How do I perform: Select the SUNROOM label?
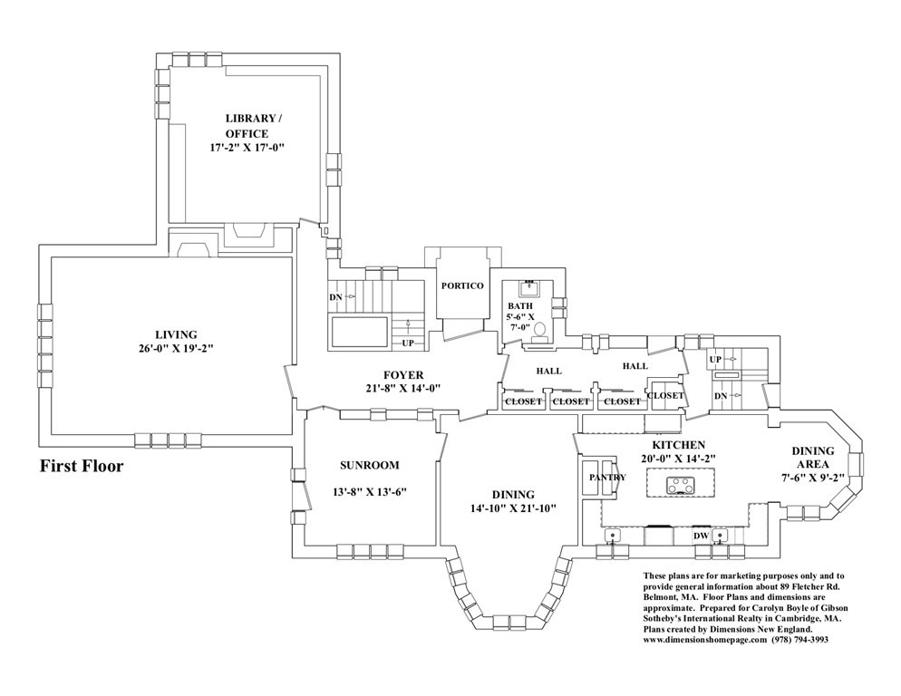pyautogui.click(x=369, y=466)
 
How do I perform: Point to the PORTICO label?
pyautogui.click(x=462, y=285)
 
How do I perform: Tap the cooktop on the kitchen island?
pyautogui.click(x=681, y=486)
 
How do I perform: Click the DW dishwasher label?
pyautogui.click(x=701, y=536)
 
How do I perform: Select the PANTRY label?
pyautogui.click(x=607, y=477)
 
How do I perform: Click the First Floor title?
pyautogui.click(x=82, y=466)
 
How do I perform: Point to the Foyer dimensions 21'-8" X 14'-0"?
pyautogui.click(x=402, y=388)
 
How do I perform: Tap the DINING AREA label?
pyautogui.click(x=812, y=458)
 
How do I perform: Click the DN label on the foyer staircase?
pyautogui.click(x=335, y=297)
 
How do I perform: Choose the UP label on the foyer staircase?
pyautogui.click(x=407, y=343)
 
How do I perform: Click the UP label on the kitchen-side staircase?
pyautogui.click(x=715, y=359)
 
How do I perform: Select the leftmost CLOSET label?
pyautogui.click(x=523, y=401)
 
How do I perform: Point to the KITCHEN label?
pyautogui.click(x=679, y=445)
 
